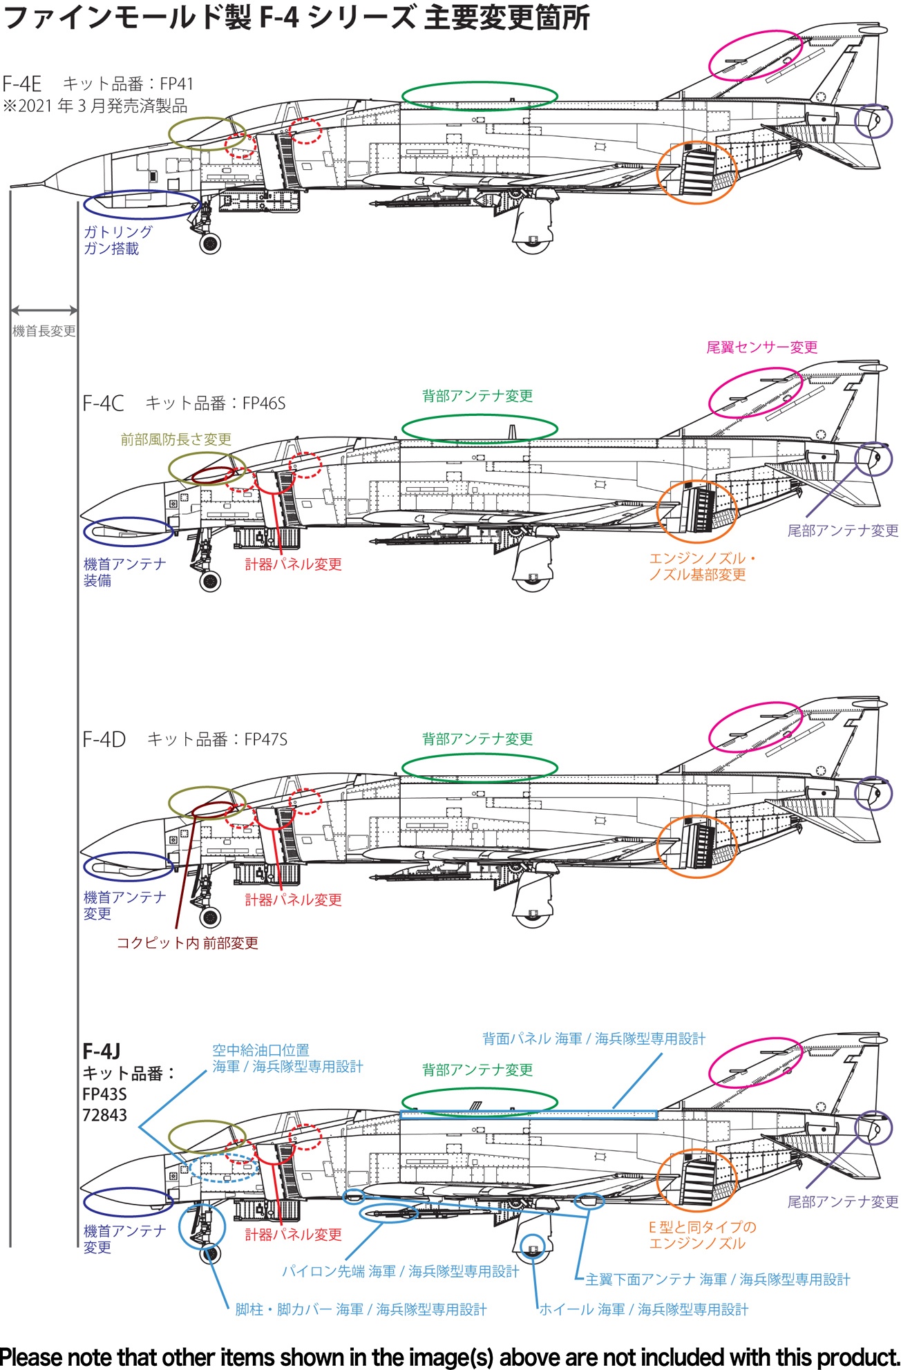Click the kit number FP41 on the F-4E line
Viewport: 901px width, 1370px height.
[177, 84]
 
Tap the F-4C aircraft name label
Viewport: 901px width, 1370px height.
[103, 403]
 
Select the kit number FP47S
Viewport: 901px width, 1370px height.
[265, 739]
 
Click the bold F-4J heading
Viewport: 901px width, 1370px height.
[102, 1052]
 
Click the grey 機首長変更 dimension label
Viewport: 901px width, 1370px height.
[44, 331]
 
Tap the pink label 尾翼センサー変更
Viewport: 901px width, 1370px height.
[762, 347]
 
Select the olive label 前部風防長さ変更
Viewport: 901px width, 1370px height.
[176, 439]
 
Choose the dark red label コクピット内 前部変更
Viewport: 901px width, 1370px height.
[187, 943]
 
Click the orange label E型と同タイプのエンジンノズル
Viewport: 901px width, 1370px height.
[702, 1235]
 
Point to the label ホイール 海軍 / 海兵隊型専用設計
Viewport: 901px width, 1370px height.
[644, 1309]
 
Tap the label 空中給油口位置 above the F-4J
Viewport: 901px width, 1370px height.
[260, 1050]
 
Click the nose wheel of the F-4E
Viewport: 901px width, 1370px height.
[210, 243]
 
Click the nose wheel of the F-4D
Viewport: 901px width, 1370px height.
[210, 917]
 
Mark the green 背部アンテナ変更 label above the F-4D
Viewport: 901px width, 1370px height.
[478, 739]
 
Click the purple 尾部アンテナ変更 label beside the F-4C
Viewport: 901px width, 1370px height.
[843, 531]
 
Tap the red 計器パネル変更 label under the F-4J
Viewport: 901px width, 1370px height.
[294, 1235]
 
